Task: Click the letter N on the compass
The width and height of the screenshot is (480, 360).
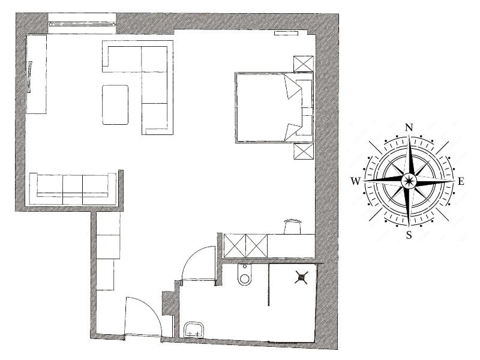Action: pos(409,127)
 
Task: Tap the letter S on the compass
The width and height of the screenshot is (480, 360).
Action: pos(409,235)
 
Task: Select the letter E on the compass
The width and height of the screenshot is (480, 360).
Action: pos(461,182)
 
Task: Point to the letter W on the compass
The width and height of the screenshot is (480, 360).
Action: pos(355,182)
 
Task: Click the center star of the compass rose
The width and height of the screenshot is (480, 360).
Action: pos(409,181)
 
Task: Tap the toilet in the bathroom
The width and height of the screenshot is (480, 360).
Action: pos(244,275)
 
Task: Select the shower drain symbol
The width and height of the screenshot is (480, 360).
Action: pos(301,277)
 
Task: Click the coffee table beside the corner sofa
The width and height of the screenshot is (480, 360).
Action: pos(115,105)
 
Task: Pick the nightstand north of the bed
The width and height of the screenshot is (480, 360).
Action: pos(304,64)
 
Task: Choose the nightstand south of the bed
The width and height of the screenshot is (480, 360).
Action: pos(304,151)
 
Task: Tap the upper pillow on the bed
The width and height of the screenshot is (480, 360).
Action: pos(293,86)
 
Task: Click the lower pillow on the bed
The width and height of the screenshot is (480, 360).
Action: pos(293,132)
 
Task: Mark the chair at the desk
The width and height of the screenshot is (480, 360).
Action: pos(293,226)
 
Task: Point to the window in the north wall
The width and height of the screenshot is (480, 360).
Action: pos(82,23)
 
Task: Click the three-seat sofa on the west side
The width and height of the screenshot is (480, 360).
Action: pos(73,189)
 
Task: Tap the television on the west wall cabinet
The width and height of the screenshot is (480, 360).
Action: pos(29,77)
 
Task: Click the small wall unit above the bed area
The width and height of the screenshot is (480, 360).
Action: pos(286,33)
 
